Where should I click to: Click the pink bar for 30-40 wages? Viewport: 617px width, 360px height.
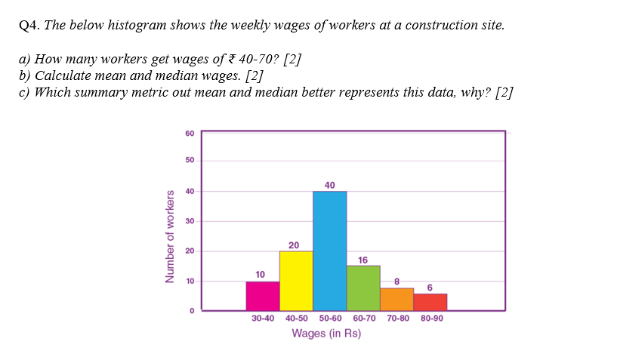coord(263,296)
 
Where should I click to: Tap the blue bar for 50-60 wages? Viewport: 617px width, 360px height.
coord(330,251)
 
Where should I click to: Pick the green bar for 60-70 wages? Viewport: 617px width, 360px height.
coord(363,288)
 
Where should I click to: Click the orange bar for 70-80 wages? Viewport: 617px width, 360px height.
coord(396,299)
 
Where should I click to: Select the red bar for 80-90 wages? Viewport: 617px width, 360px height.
coord(430,302)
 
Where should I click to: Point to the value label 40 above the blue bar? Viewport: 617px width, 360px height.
coord(330,185)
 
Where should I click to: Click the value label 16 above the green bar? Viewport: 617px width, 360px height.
coord(363,260)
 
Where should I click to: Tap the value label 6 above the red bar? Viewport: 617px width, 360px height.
coord(430,288)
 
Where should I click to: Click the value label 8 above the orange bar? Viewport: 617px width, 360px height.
coord(396,282)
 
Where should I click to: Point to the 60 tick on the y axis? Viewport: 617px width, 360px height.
coord(189,134)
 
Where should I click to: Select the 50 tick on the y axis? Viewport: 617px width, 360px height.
coord(189,161)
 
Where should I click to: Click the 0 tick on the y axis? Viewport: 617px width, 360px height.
coord(192,310)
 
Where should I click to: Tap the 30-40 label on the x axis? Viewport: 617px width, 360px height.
coord(263,318)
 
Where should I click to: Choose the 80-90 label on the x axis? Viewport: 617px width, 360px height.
coord(431,318)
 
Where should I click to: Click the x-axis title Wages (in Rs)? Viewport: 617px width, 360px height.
coord(326,334)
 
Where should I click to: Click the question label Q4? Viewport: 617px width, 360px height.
coord(29,26)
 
